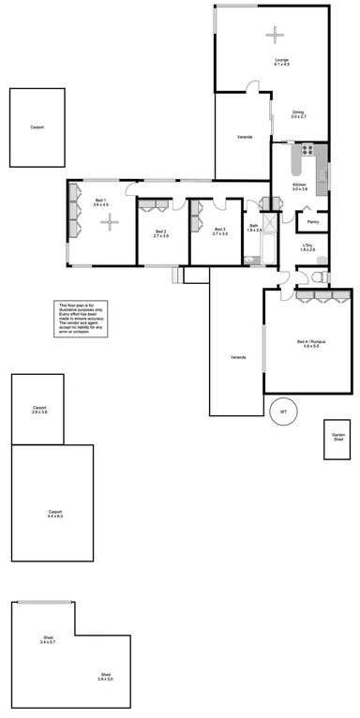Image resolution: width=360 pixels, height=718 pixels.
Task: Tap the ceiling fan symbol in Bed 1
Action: (x=111, y=222)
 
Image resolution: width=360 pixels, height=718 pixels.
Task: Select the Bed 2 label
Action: (x=160, y=233)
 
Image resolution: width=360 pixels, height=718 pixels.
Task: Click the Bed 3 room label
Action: (x=220, y=232)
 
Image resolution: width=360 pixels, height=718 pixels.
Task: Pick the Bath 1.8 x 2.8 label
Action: (x=254, y=228)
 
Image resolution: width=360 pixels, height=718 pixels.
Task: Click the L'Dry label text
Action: (x=307, y=247)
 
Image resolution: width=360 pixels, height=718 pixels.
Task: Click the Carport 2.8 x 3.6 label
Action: (x=39, y=410)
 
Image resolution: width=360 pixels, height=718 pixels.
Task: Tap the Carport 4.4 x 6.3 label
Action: (x=54, y=514)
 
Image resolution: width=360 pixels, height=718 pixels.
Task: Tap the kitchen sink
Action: (x=322, y=172)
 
